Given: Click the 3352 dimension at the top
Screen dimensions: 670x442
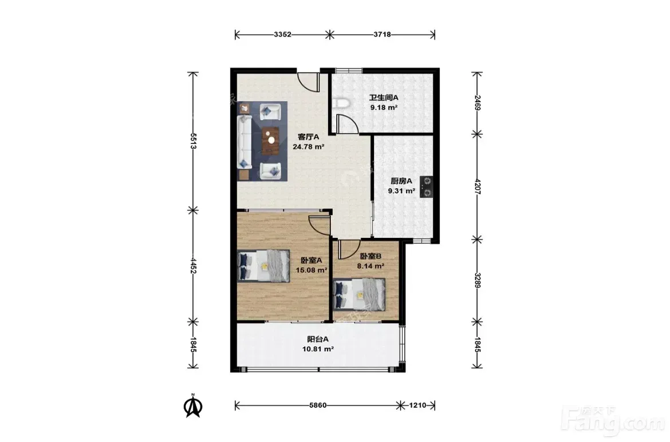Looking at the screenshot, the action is [x=282, y=34].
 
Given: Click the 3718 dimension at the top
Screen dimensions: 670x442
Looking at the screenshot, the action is [x=382, y=34].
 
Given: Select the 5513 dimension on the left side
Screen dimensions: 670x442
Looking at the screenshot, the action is [x=193, y=141].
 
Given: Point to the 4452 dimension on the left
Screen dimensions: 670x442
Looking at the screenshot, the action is [x=193, y=265].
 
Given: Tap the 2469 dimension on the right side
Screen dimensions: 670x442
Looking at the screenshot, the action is [x=477, y=103].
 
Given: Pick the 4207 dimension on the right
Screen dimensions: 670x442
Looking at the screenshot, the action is [x=477, y=187].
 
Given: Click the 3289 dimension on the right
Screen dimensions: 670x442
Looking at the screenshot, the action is [x=477, y=280].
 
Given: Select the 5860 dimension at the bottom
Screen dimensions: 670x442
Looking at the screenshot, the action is [x=317, y=405].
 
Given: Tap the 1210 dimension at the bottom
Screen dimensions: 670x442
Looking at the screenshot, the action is [x=417, y=405].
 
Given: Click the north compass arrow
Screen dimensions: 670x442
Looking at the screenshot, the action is [x=193, y=406].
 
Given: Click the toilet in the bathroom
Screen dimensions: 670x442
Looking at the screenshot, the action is [x=341, y=103].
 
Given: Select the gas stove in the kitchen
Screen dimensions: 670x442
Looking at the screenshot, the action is [x=426, y=187].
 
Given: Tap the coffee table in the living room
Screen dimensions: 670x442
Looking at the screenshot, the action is [x=270, y=140].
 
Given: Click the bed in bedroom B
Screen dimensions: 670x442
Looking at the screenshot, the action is [x=360, y=294].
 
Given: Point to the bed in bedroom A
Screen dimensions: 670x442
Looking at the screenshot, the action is [x=263, y=266].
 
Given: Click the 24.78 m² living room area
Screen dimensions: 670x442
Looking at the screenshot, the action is [x=308, y=147].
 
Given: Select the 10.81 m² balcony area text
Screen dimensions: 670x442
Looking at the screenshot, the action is [x=318, y=349].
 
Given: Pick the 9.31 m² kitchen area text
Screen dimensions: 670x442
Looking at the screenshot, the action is [x=401, y=191].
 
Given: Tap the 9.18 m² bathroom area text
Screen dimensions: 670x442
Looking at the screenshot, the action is [x=384, y=107].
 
